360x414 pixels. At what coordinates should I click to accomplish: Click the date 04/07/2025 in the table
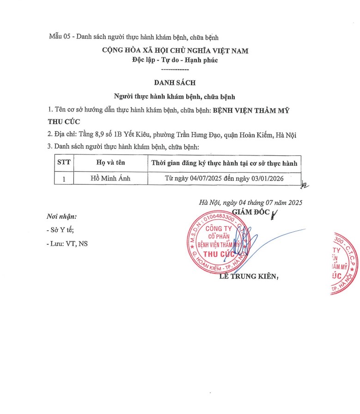(x=202, y=178)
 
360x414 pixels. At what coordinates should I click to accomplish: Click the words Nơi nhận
(x=62, y=216)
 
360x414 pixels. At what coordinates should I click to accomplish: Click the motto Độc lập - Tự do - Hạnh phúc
(x=175, y=60)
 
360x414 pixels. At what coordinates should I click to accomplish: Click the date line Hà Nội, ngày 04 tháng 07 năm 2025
(x=250, y=202)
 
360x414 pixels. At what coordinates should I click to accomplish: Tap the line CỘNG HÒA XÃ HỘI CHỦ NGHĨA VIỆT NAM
(x=175, y=50)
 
